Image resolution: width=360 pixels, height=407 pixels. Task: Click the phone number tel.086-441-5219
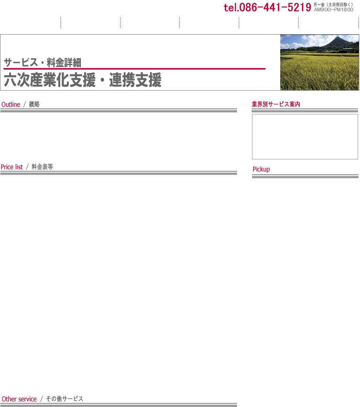(267, 7)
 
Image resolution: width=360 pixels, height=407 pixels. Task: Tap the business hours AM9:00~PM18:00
(334, 10)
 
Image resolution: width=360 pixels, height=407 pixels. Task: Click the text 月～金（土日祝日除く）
(333, 5)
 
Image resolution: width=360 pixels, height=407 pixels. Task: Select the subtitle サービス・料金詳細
(43, 62)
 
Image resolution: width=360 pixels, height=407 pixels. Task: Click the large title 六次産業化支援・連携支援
(82, 80)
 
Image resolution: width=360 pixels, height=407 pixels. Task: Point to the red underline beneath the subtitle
(134, 69)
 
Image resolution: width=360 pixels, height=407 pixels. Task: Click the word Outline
(11, 104)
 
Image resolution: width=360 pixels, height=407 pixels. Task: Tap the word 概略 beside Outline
(34, 104)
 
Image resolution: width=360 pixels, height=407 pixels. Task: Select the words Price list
(12, 167)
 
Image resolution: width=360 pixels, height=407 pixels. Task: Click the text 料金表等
(42, 167)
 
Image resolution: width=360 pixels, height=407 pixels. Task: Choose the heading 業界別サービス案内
(276, 104)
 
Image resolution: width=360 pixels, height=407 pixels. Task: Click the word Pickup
(261, 169)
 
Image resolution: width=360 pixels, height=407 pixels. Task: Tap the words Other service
(19, 399)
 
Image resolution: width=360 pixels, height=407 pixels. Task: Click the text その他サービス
(65, 399)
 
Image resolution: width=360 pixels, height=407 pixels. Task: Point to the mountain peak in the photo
(337, 38)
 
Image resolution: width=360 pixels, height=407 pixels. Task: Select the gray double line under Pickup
(305, 176)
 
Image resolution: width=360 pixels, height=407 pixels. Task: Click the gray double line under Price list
(118, 173)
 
